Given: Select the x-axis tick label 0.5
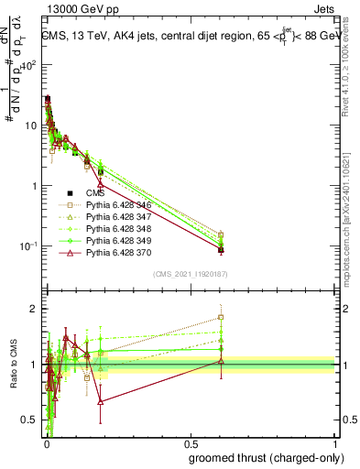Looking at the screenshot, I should (190, 442).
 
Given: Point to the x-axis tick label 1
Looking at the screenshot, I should (335, 442).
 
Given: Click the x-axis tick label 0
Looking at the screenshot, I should (45, 442).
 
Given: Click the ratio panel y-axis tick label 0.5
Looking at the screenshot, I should (30, 420).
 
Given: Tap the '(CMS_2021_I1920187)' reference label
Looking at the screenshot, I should (190, 273).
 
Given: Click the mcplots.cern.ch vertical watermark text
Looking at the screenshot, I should (352, 229).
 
